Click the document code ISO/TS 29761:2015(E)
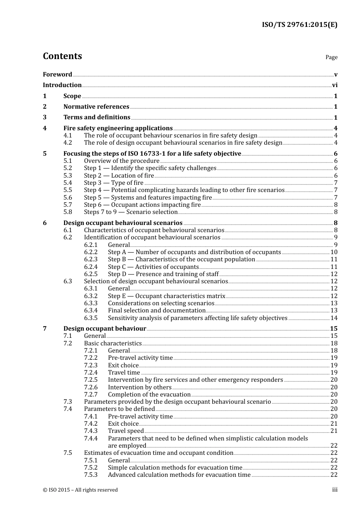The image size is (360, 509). pyautogui.click(x=299, y=25)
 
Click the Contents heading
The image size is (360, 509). pyautogui.click(x=62, y=56)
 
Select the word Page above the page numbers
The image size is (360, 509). pyautogui.click(x=331, y=57)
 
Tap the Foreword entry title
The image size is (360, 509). pyautogui.click(x=57, y=75)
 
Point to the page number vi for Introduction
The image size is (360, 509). pyautogui.click(x=335, y=85)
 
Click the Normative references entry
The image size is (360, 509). pyautogui.click(x=96, y=107)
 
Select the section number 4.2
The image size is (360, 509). pyautogui.click(x=68, y=143)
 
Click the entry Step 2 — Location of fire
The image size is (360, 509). pyautogui.click(x=119, y=176)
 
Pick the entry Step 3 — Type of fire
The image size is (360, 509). pyautogui.click(x=114, y=183)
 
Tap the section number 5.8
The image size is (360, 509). pyautogui.click(x=68, y=212)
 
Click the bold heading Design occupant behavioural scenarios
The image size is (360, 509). pyautogui.click(x=123, y=223)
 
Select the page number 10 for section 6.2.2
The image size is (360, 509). pyautogui.click(x=334, y=252)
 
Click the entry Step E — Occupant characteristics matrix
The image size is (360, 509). pyautogui.click(x=166, y=296)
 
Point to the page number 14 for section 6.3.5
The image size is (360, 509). pyautogui.click(x=334, y=318)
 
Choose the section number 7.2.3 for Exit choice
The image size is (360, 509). pyautogui.click(x=91, y=365)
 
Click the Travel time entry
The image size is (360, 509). pyautogui.click(x=124, y=373)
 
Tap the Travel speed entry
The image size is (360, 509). pyautogui.click(x=126, y=431)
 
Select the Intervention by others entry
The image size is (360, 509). pyautogui.click(x=139, y=387)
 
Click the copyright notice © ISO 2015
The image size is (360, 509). pyautogui.click(x=80, y=490)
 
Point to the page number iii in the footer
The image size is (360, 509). pyautogui.click(x=335, y=490)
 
